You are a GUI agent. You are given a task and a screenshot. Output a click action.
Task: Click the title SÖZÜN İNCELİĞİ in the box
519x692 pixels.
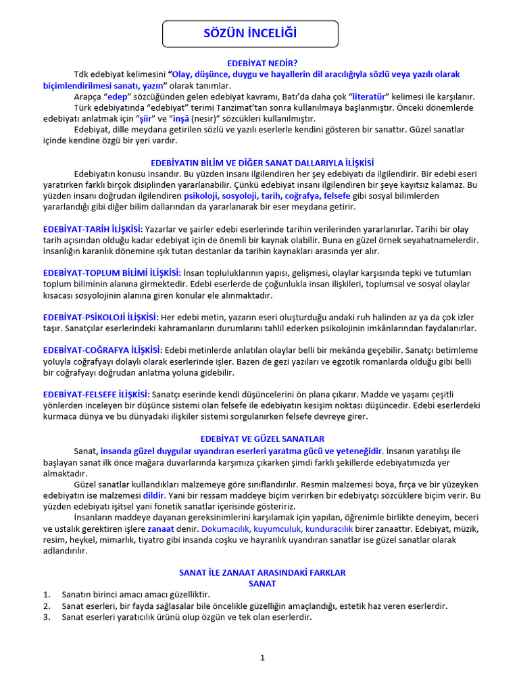coord(250,33)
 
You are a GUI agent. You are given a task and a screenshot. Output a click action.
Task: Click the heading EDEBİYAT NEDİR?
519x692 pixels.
coord(262,63)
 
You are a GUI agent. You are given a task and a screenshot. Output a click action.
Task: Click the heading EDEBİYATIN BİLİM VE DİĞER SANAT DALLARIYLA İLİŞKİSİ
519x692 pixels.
coord(262,162)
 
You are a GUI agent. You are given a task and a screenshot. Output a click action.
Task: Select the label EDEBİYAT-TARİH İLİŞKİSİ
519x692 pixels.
coord(93,229)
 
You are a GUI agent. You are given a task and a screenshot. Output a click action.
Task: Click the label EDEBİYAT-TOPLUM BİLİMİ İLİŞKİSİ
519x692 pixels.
coord(112,272)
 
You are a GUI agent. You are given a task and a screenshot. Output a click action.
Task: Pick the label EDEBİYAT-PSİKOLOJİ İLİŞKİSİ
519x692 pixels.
coord(101,317)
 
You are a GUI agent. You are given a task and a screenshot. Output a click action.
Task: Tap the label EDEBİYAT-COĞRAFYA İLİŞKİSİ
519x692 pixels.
coord(103,350)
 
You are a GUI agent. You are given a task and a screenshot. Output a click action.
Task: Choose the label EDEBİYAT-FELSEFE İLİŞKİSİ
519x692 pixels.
coord(97,394)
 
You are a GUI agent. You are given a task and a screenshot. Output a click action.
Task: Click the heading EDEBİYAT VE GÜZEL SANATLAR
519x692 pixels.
coord(262,439)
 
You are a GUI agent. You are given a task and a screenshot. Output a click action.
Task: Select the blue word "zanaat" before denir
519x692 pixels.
coord(161,528)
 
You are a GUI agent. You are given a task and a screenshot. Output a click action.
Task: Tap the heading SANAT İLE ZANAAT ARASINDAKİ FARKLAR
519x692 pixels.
coord(262,572)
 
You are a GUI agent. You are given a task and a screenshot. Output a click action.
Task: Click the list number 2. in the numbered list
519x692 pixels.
coord(47,605)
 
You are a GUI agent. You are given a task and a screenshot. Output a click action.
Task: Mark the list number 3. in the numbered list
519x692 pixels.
coord(47,616)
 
